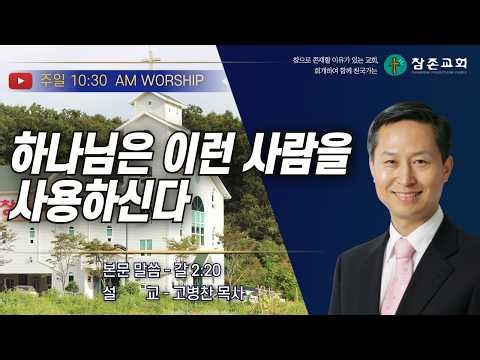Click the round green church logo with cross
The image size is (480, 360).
tap(396, 65)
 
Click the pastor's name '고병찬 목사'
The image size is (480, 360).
tap(196, 292)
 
